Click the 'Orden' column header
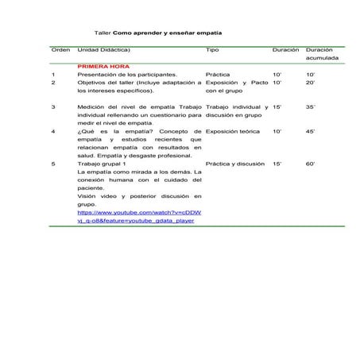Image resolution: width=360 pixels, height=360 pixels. point(60,50)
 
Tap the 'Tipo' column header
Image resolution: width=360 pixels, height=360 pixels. point(212,50)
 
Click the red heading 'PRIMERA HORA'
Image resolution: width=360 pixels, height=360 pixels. point(103,65)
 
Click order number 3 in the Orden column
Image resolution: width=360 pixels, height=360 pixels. point(53,105)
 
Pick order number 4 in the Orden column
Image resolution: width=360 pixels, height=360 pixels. point(53,131)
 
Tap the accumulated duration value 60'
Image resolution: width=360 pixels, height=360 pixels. point(311,163)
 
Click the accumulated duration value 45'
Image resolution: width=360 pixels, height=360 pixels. point(311,131)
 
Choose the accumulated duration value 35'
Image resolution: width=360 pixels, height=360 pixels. point(311,105)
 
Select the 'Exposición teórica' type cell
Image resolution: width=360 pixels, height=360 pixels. point(232,131)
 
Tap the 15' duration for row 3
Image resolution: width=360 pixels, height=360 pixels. point(277,105)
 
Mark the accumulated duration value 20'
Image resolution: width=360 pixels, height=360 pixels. point(311,82)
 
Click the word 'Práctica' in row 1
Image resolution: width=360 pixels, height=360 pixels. point(217,73)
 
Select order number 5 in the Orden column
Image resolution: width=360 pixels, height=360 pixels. point(53,163)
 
